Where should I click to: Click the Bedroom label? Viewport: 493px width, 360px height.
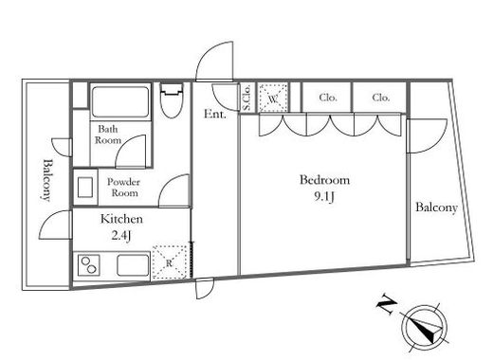[x=324, y=180]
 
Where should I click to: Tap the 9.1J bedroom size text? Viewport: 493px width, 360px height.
[x=324, y=197]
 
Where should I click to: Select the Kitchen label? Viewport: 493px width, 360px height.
[x=121, y=219]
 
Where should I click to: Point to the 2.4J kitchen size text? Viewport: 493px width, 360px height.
[x=121, y=236]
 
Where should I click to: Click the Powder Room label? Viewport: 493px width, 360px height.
[x=123, y=188]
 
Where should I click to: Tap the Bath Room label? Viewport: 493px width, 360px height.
[x=108, y=135]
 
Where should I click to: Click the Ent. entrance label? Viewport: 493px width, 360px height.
[x=215, y=114]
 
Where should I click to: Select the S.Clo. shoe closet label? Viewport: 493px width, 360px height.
[x=246, y=97]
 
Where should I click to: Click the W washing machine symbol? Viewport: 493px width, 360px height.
[x=273, y=98]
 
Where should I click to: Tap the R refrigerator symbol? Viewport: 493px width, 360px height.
[x=171, y=262]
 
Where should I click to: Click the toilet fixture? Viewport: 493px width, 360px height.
[x=172, y=100]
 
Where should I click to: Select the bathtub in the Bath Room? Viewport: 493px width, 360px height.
[x=120, y=101]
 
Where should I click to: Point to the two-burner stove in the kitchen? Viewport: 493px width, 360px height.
[x=88, y=264]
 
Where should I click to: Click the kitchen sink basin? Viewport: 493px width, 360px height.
[x=133, y=265]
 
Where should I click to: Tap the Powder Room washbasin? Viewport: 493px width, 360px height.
[x=85, y=187]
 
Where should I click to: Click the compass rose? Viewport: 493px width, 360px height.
[x=425, y=328]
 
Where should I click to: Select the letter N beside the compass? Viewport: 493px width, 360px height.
[x=387, y=304]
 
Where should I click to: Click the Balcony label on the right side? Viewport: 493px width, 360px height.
[x=436, y=207]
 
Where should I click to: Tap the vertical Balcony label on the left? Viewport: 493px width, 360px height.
[x=46, y=180]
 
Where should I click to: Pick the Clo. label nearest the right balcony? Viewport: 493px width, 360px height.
[x=381, y=98]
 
